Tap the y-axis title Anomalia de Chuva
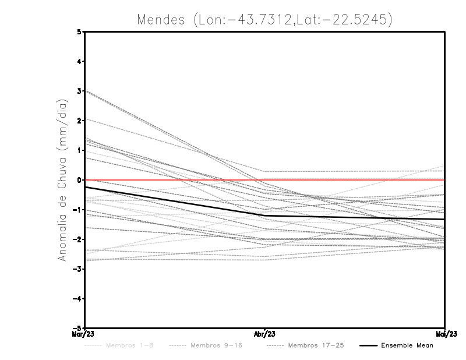62,179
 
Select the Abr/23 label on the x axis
264,334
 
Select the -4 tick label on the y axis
78,298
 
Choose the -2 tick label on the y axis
78,239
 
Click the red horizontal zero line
349,180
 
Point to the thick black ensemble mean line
175,202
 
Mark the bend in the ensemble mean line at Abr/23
264,216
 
